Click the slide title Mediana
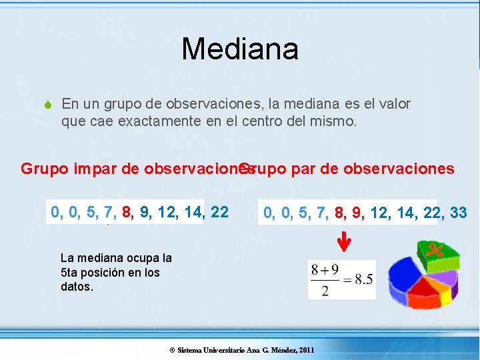[x=240, y=49]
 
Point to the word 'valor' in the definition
[x=394, y=104]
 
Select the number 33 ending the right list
[x=458, y=213]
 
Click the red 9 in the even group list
[x=357, y=213]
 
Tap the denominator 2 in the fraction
[x=325, y=291]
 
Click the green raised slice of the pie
[x=437, y=251]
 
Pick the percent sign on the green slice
[x=436, y=250]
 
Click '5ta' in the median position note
[x=69, y=272]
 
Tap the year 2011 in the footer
[x=306, y=350]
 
